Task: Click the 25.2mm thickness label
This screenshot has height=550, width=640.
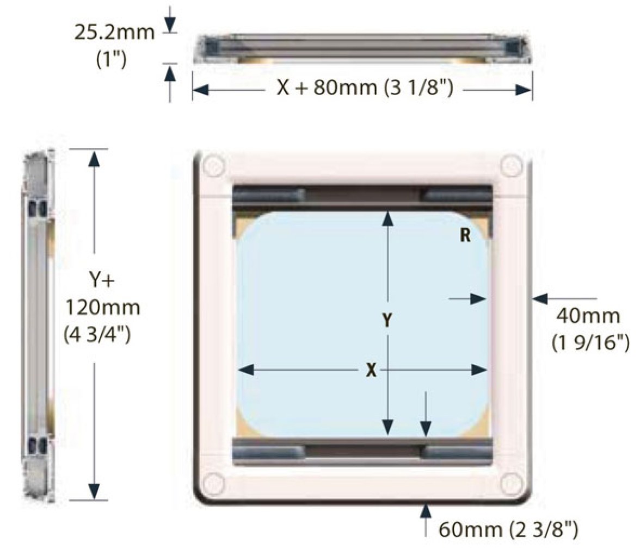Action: tap(114, 32)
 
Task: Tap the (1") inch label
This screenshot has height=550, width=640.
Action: tap(111, 60)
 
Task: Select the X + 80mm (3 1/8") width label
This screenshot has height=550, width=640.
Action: tap(365, 87)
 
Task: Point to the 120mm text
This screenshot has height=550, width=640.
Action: tap(102, 308)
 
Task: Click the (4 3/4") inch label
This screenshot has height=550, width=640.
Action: tap(97, 335)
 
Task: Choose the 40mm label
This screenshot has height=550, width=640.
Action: tap(588, 316)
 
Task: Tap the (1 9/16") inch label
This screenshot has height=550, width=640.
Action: tap(590, 342)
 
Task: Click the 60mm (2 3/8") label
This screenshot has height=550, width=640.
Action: tap(508, 529)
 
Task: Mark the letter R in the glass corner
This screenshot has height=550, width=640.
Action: tap(465, 235)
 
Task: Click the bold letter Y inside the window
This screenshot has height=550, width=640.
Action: tap(387, 320)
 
